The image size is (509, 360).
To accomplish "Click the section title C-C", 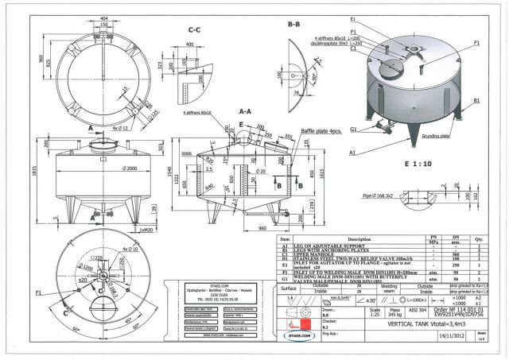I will pos(194,30).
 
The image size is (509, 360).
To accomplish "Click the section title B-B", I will pos(293,25).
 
